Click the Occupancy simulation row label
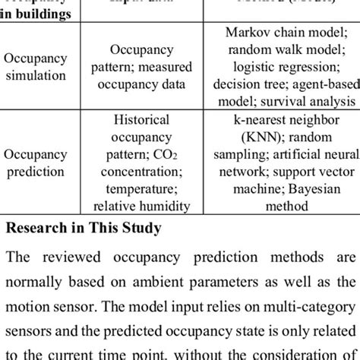tap(36, 68)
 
